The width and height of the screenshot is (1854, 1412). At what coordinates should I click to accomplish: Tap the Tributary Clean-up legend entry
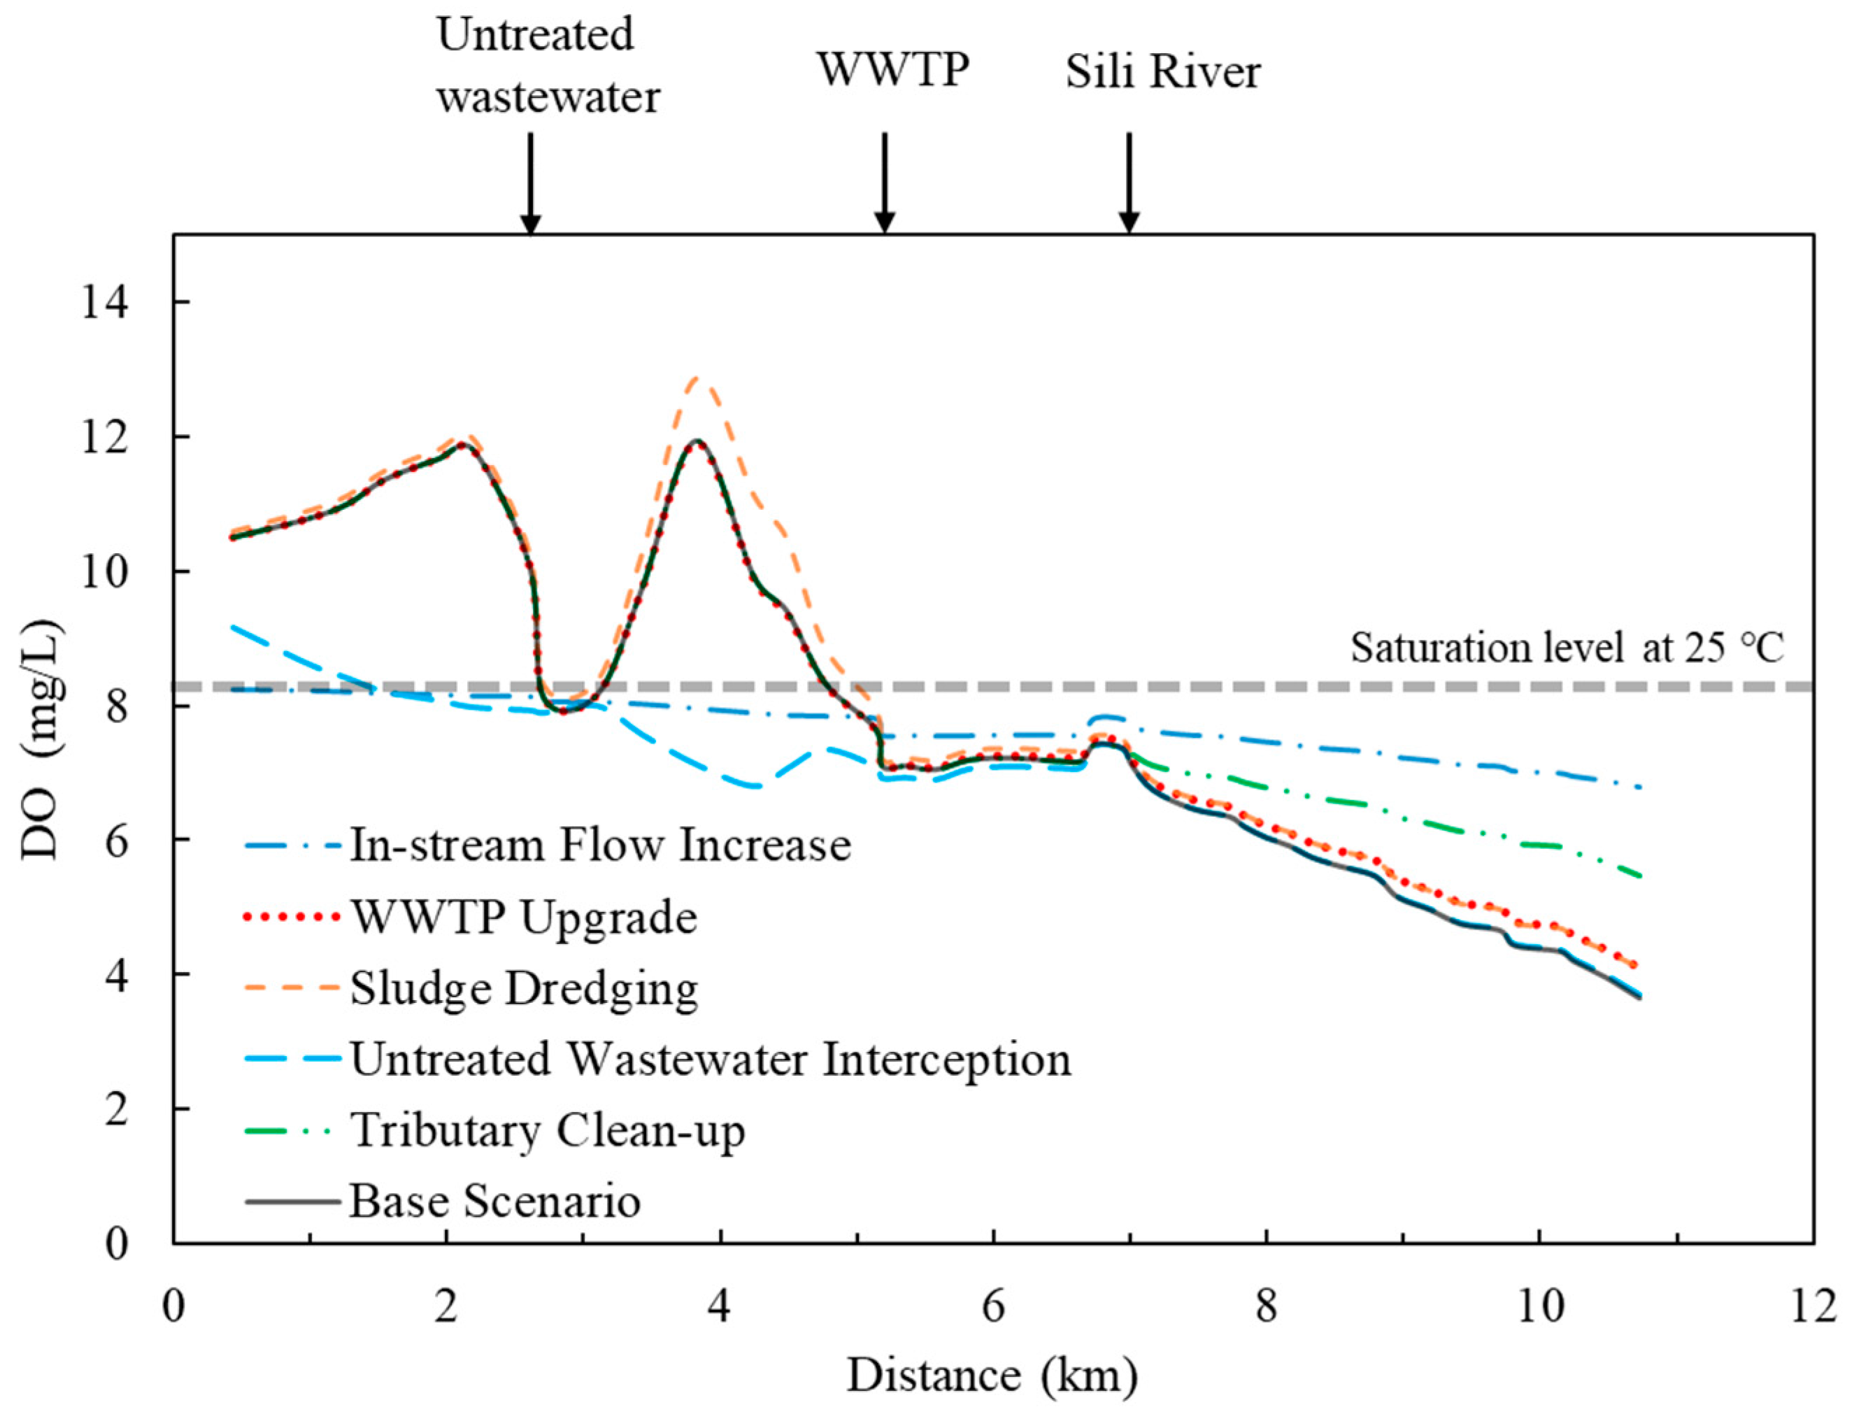(547, 1130)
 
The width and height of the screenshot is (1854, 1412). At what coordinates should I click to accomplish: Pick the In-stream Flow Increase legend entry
(600, 846)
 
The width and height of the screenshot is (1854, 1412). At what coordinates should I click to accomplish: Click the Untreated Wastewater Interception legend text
(710, 1059)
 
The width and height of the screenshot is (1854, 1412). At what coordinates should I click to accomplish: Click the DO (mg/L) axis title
(42, 740)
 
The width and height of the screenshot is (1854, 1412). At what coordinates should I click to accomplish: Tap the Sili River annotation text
(1163, 72)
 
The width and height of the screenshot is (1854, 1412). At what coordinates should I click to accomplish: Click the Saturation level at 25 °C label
(1567, 648)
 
